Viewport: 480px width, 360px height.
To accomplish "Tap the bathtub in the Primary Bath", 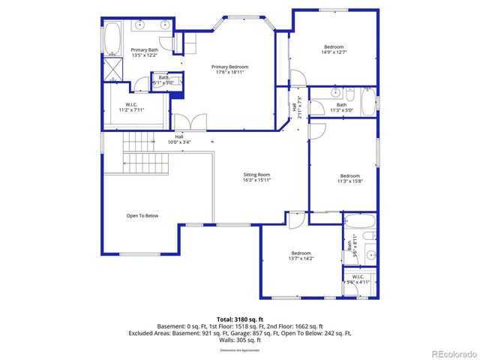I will click(112, 38).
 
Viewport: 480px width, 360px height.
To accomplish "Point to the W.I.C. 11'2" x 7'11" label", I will click(131, 107).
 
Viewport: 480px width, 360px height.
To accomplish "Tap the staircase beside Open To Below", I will click(142, 162).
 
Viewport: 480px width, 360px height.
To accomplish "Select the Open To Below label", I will click(142, 215).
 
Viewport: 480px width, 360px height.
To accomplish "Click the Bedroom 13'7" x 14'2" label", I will click(301, 256).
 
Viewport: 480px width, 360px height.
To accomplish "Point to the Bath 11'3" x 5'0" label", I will click(341, 107).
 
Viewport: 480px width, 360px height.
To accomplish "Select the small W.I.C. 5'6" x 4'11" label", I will click(358, 279).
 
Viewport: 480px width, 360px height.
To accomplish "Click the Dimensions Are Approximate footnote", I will click(240, 350).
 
